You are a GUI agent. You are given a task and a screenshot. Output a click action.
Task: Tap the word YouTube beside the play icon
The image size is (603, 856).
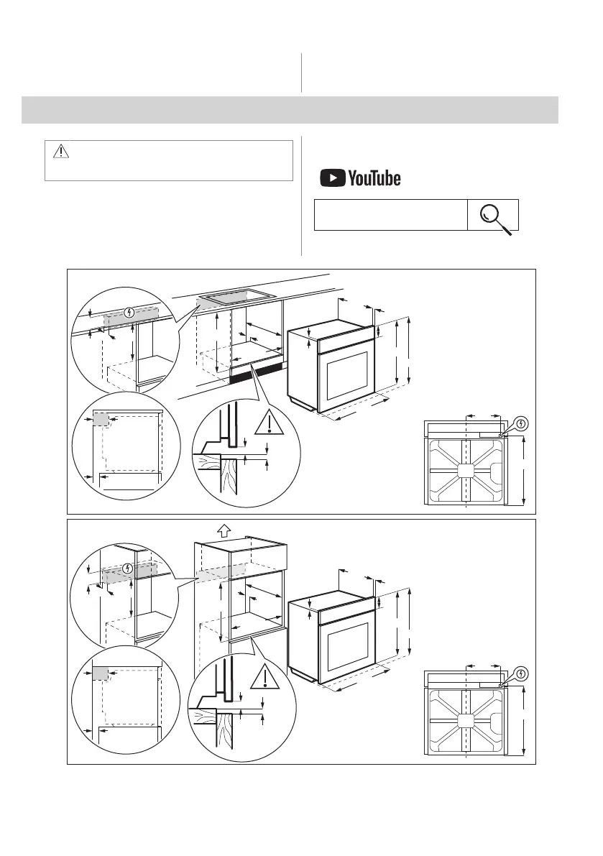[x=374, y=178]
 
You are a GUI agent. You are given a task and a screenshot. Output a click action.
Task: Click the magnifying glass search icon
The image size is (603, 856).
[x=494, y=216]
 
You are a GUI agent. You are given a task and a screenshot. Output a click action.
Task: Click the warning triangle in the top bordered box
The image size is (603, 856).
[x=60, y=151]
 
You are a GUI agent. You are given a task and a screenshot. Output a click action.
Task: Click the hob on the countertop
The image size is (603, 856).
[x=237, y=295]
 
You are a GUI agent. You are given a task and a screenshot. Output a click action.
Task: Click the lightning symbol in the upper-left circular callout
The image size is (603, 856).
[x=129, y=313]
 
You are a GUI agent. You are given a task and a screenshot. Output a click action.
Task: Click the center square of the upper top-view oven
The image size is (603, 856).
[x=466, y=471]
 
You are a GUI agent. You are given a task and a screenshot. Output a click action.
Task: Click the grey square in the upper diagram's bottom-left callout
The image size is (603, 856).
[x=101, y=419]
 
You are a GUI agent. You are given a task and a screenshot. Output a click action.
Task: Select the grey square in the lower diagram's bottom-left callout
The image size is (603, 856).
[x=100, y=673]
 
